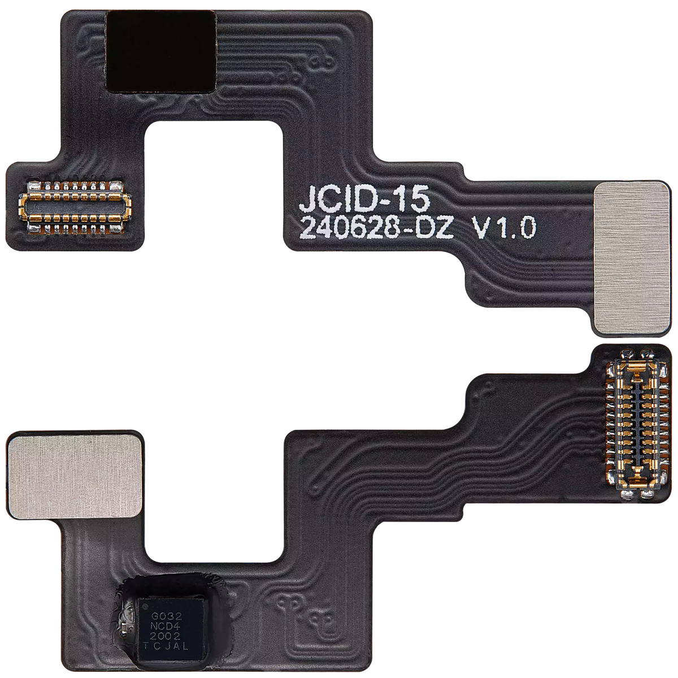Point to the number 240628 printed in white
pos(348,231)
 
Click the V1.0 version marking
pos(503,231)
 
